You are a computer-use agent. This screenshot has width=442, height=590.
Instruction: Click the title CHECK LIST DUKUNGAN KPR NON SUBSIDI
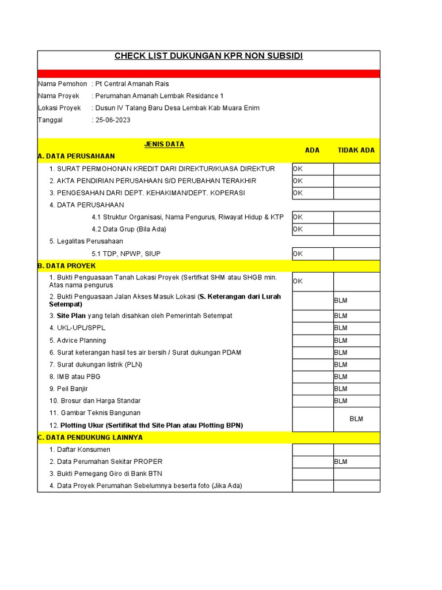coord(208,56)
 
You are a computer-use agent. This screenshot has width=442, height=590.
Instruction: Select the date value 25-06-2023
coord(113,120)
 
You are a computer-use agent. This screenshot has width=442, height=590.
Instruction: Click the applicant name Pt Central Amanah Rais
coord(132,84)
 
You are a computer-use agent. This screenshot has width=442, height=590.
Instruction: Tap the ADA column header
coord(312,150)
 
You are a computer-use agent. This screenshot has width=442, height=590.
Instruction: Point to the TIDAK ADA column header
coord(356,150)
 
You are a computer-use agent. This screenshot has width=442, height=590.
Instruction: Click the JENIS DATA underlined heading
coord(164,145)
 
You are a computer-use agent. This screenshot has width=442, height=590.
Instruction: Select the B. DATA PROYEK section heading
coord(66,266)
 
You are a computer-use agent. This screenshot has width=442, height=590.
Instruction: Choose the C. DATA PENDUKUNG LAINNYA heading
coord(90,437)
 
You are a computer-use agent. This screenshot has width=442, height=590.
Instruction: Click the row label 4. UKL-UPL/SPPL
coord(78,328)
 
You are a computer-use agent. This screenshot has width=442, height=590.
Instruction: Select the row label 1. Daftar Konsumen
coord(79,449)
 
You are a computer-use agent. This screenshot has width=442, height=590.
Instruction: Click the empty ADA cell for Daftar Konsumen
coord(313,449)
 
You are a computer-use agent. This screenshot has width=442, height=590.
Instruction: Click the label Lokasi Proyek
coord(59,108)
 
